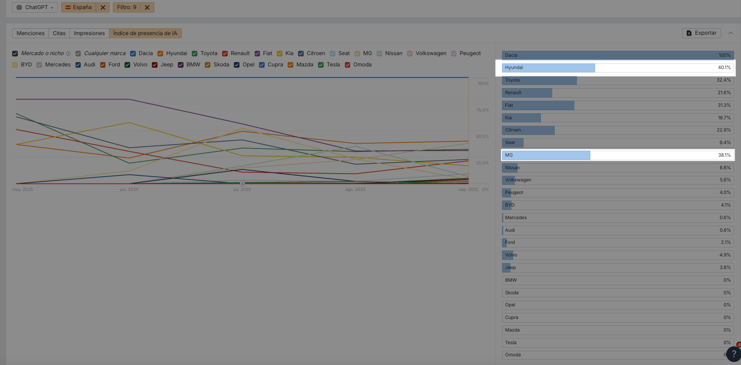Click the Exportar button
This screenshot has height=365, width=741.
702,33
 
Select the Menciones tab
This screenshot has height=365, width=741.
30,33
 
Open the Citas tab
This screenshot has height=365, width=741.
59,33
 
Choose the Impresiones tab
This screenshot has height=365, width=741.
89,33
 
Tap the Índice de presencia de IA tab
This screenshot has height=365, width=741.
145,33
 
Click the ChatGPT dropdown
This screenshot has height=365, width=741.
35,7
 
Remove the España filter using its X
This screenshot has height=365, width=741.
103,7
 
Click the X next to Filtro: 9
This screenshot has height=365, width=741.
147,7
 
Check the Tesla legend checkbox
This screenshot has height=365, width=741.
321,65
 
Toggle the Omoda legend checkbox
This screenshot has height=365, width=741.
348,65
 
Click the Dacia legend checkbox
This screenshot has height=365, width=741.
133,54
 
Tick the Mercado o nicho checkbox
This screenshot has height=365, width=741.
15,54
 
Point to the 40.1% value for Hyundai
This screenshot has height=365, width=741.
724,68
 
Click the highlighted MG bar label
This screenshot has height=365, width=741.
509,155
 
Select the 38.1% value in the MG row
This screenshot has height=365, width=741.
724,155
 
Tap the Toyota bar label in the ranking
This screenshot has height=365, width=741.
512,80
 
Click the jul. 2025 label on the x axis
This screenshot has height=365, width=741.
242,190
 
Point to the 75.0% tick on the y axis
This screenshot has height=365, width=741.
482,110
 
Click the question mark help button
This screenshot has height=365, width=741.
734,354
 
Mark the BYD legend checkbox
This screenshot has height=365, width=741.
15,65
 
